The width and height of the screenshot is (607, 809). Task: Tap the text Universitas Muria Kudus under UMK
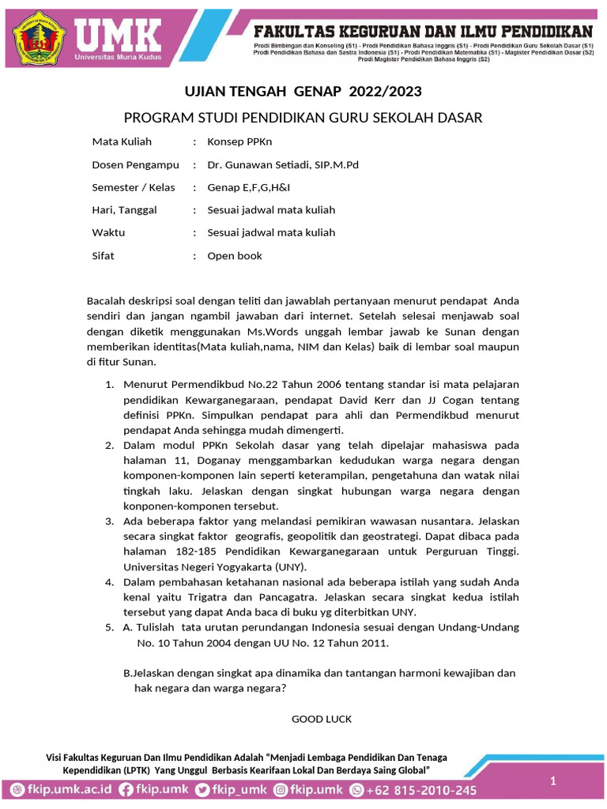point(116,58)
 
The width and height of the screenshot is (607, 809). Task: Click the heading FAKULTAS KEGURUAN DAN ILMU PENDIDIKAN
point(423,32)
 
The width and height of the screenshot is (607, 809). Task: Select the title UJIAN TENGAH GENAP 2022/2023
point(303,92)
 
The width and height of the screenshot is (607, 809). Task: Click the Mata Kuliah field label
point(122,142)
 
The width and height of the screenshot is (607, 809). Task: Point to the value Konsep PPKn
point(239,142)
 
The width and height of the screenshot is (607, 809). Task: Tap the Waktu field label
point(108,233)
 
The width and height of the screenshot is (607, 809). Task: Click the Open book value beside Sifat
point(234,256)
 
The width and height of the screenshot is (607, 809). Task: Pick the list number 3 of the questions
point(110,521)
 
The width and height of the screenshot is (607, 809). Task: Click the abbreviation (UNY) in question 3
point(286,566)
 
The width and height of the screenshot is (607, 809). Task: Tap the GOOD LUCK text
point(322,719)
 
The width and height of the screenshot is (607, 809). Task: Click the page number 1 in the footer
point(553,781)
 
